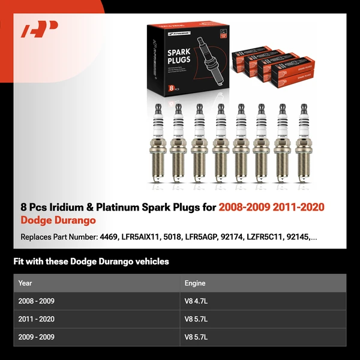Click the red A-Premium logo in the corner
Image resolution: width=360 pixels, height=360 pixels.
click(x=40, y=29)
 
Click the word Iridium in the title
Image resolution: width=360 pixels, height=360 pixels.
click(x=73, y=208)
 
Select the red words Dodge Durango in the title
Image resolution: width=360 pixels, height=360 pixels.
click(x=58, y=221)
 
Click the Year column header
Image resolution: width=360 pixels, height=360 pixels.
click(x=25, y=283)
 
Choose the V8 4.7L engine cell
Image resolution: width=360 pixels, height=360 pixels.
click(x=196, y=301)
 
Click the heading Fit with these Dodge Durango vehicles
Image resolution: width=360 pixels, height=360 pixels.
click(x=91, y=262)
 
